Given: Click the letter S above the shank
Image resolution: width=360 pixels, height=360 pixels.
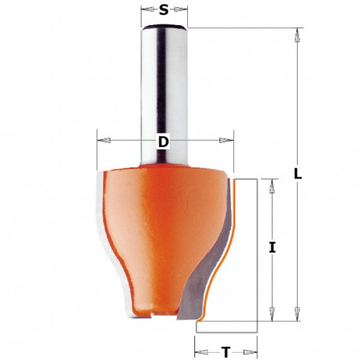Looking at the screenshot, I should [163, 10].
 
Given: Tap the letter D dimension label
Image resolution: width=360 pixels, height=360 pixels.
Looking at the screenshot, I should [163, 141].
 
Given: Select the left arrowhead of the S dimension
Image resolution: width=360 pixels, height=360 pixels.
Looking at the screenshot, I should [144, 11].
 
